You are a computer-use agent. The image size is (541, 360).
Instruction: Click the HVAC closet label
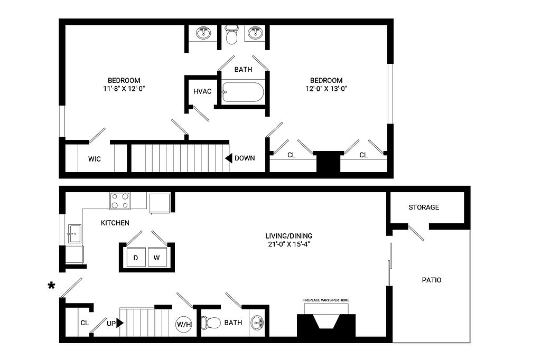coord(202,91)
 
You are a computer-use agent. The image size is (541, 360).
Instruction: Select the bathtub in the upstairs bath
coord(243,92)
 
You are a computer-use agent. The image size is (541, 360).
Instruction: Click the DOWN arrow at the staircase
coord(229,158)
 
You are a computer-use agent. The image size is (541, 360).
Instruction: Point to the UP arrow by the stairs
coord(120,324)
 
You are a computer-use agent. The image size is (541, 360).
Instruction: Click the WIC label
coord(95,159)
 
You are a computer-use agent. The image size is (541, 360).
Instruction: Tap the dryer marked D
coord(136,257)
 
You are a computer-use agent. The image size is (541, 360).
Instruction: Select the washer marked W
coord(157,257)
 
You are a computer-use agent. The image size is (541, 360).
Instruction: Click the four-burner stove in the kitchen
coord(120,201)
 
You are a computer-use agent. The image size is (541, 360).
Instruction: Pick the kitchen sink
coord(74,234)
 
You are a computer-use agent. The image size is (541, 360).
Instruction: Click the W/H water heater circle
coord(183,325)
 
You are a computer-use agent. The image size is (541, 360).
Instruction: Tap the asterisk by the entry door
coord(51,286)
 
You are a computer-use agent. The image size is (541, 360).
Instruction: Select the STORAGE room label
coord(424,207)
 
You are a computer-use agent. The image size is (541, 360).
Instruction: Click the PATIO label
coord(432,280)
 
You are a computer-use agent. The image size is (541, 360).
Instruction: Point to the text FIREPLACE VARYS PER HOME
coord(325,300)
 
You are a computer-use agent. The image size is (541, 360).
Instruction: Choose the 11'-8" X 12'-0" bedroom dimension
coord(124,89)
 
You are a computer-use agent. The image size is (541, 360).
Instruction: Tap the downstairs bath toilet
coord(211,323)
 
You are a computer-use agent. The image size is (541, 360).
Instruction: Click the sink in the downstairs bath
coord(257,323)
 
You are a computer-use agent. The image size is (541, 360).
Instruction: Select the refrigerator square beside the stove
coord(160,203)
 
